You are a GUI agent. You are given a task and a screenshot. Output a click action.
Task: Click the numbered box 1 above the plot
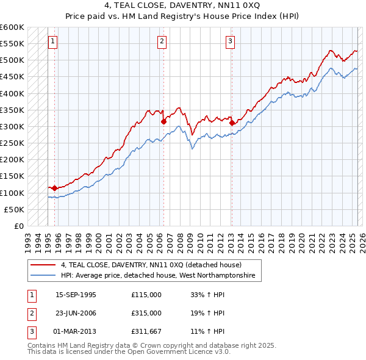click(x=53, y=41)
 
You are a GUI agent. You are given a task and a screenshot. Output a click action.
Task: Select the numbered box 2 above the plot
click(x=162, y=41)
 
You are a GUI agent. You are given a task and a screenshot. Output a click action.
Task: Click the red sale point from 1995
click(x=55, y=188)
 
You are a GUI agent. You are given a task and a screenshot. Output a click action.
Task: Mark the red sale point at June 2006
click(x=163, y=121)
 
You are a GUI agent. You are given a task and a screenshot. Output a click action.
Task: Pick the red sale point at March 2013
click(x=232, y=123)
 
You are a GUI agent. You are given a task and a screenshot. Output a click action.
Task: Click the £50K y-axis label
click(x=15, y=209)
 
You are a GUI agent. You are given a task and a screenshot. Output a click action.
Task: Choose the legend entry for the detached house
click(x=151, y=265)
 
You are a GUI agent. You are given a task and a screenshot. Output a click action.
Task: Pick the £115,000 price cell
click(x=146, y=295)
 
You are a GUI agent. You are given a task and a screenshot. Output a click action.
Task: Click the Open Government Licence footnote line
click(x=129, y=352)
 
